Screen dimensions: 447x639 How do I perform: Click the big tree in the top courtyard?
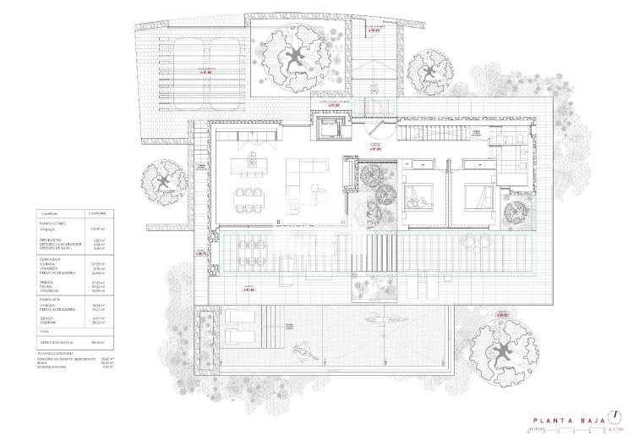[x=296, y=58]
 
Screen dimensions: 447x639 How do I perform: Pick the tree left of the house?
[x=164, y=181]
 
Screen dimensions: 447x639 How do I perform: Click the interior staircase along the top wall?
[x=431, y=133]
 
